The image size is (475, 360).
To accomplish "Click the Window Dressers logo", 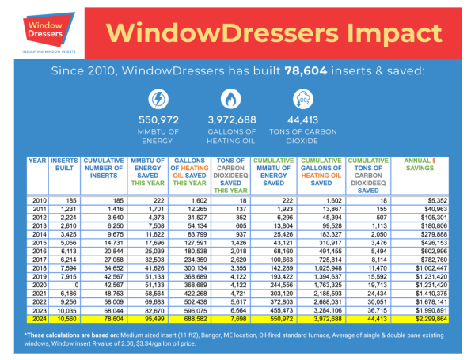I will pos(40,29).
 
